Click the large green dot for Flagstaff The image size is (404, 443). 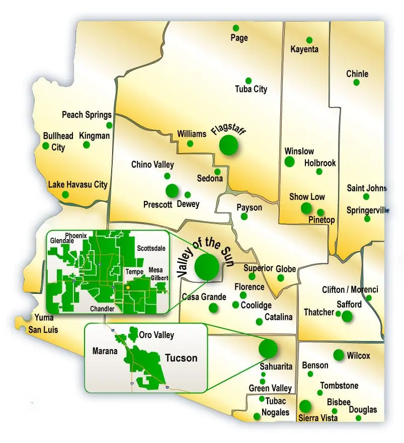228,145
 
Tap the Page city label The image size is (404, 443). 239,38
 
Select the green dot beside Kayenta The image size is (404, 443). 309,40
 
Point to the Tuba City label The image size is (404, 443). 251,89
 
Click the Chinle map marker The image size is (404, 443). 357,82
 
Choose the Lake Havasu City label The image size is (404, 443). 77,184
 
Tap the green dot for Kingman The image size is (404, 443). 87,145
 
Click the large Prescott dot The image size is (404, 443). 172,190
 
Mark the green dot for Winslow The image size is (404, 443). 289,162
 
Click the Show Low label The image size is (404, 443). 307,197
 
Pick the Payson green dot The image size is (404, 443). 244,216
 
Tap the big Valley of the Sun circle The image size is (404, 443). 207,267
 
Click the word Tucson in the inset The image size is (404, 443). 181,358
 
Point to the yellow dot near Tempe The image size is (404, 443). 128,287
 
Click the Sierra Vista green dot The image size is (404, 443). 305,406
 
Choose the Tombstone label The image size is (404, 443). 340,386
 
